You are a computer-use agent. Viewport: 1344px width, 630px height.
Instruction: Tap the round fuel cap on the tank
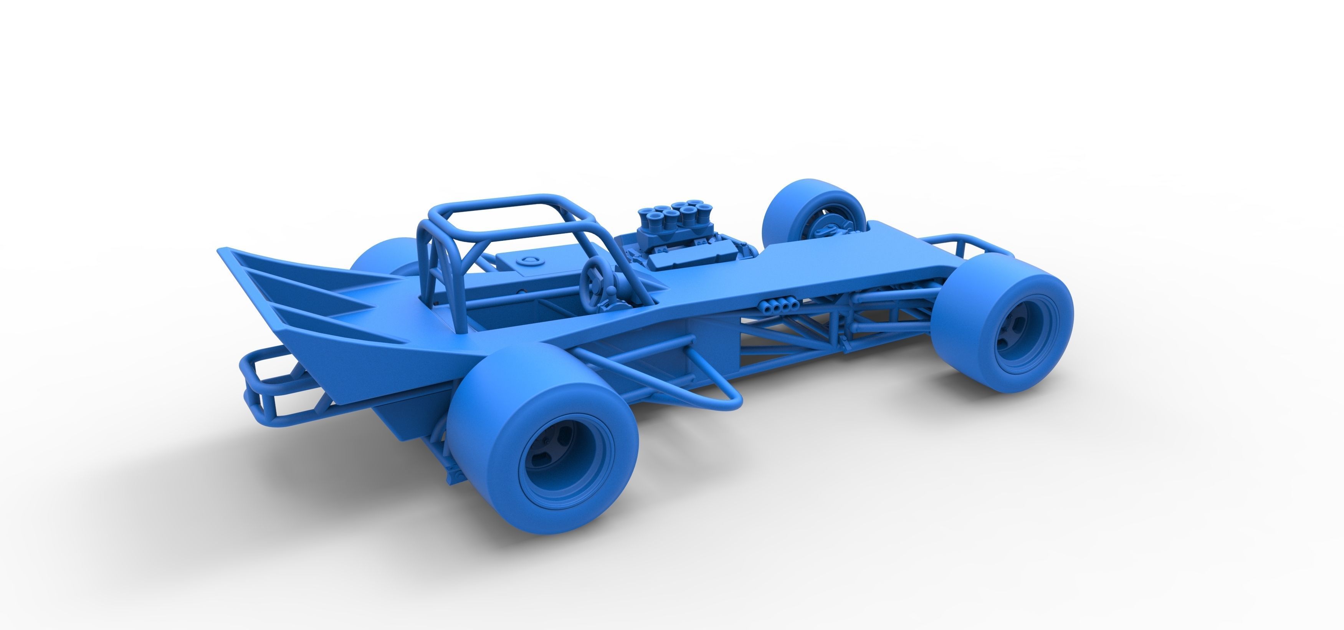pyautogui.click(x=525, y=261)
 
